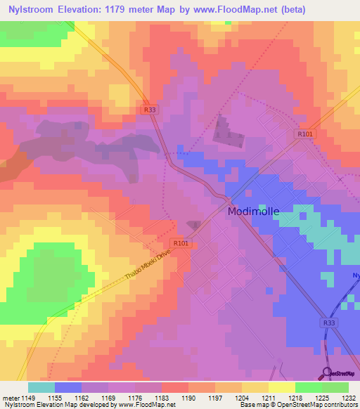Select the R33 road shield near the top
click(149, 110)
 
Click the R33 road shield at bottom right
click(329, 323)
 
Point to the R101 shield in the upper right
click(304, 134)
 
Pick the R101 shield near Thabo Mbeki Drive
click(181, 243)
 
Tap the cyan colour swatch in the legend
click(41, 387)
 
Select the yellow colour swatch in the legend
click(282, 387)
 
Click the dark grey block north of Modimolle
click(226, 131)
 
